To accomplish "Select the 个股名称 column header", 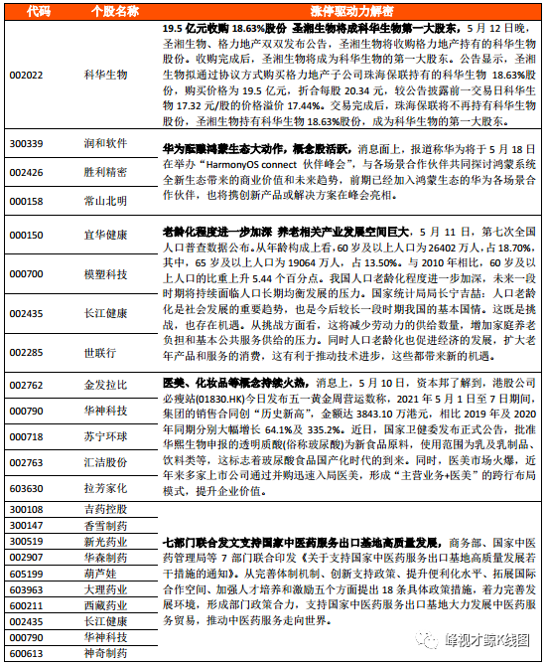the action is click(x=108, y=11).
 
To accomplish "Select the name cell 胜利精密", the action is click(x=105, y=172).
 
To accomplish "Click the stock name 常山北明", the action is click(x=105, y=201).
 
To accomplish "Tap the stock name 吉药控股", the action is click(x=105, y=509).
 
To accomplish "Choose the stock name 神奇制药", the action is click(x=105, y=654).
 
